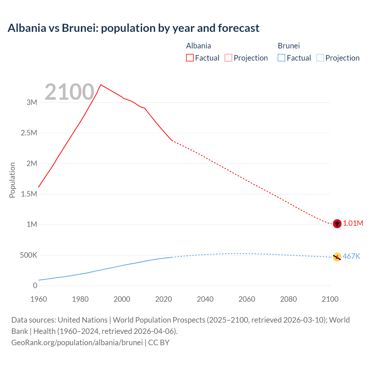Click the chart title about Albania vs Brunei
coord(133,28)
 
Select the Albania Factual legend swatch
coord(190,58)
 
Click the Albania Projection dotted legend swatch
coord(228,58)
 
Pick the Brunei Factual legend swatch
coord(281,58)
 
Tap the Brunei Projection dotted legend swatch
coord(320,58)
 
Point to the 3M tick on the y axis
coord(32,102)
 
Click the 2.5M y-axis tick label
coord(29,133)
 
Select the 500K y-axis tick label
coord(28,255)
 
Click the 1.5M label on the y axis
coord(29,194)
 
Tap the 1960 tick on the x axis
coord(39,299)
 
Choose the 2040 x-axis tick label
coord(205,299)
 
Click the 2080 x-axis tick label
coord(288,299)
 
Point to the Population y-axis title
coord(12,180)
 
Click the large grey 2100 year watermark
coord(69,92)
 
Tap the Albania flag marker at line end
coord(337,224)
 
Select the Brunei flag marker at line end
coord(337,257)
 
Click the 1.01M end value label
coord(353,223)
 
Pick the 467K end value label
coord(351,257)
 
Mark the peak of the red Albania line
coord(101,85)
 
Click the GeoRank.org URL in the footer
coord(77,343)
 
